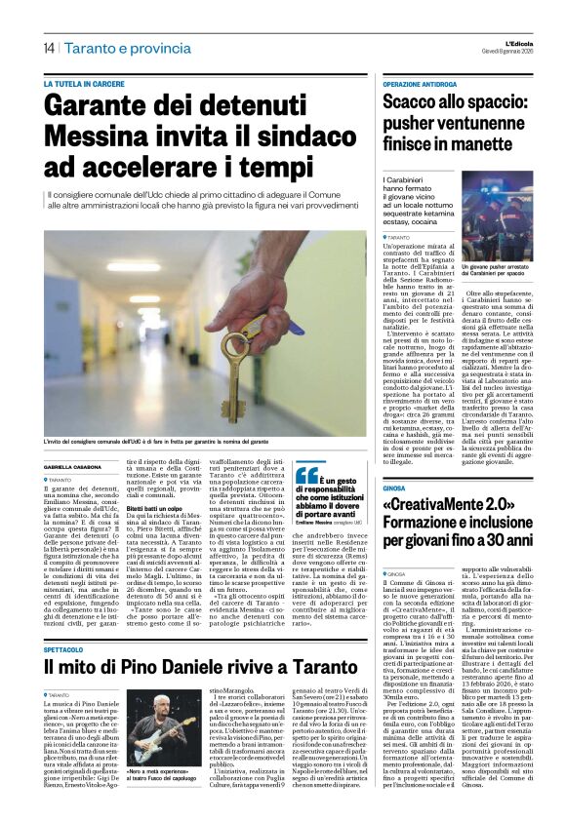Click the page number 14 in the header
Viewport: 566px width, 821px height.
[48, 48]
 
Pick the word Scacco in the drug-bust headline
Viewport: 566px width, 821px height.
[417, 103]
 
